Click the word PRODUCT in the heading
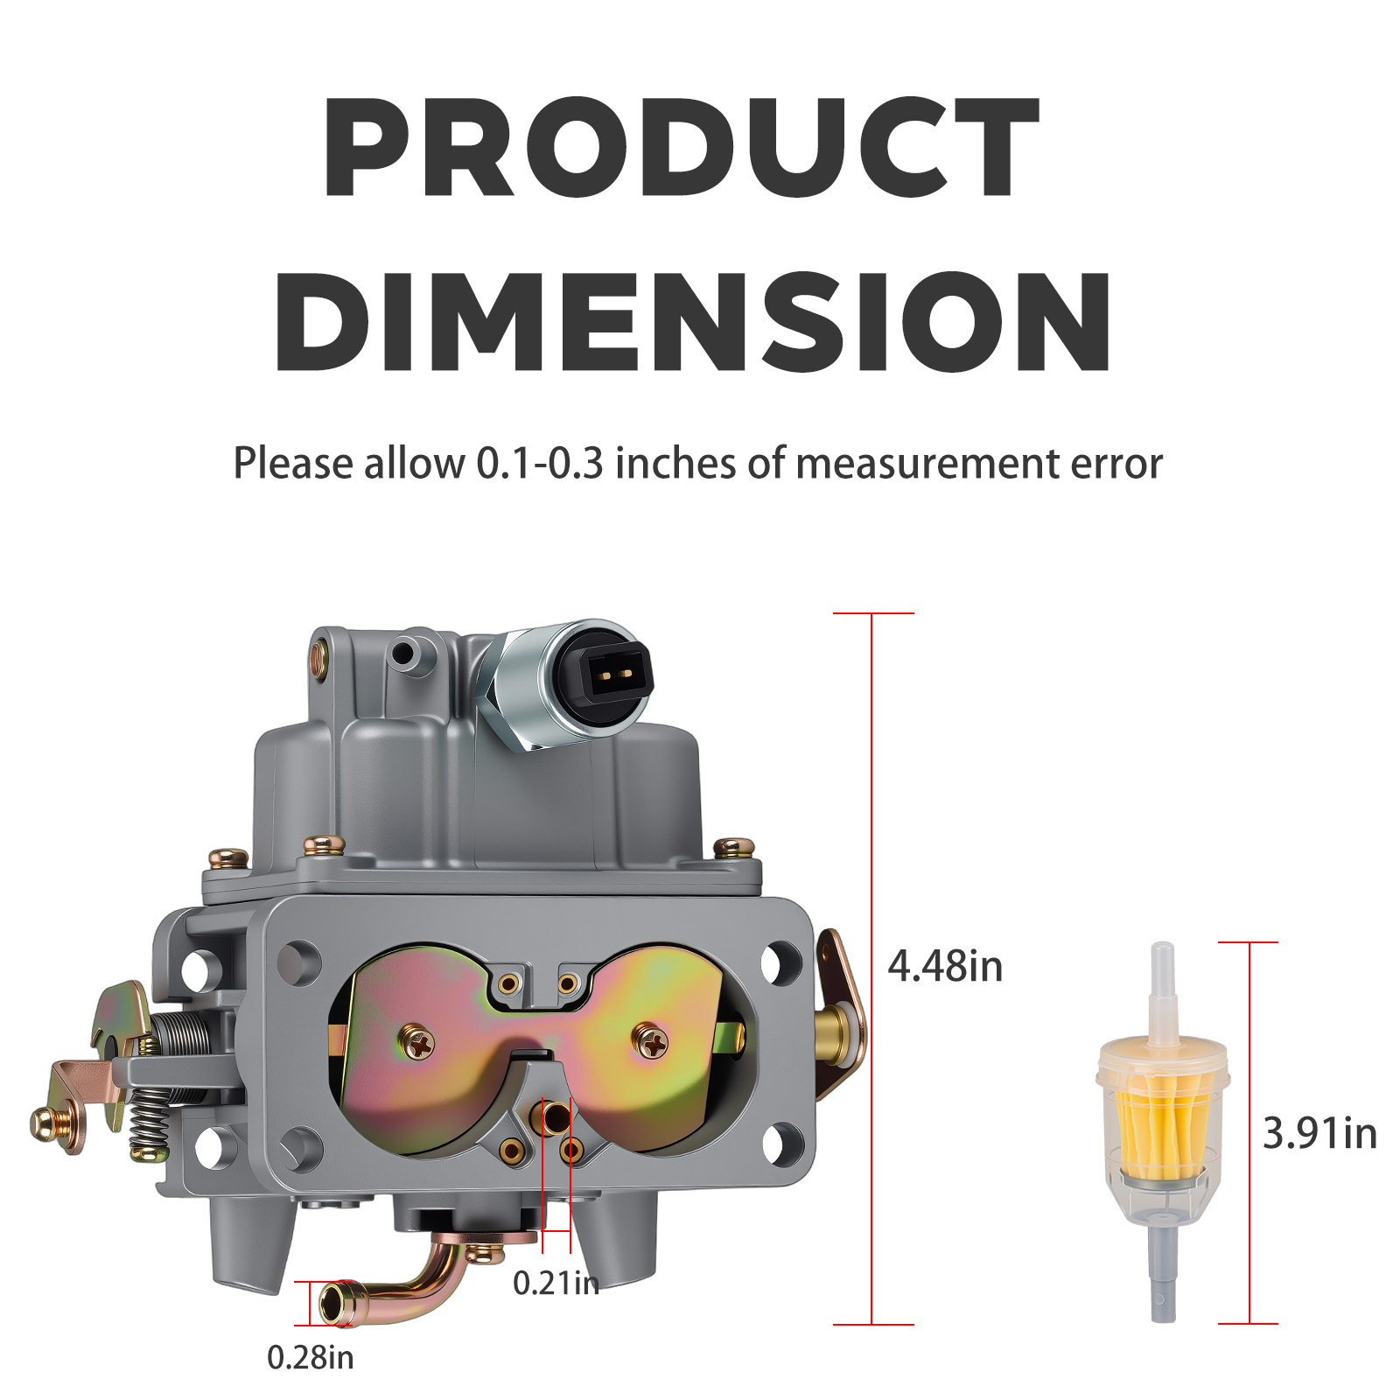pyautogui.click(x=681, y=146)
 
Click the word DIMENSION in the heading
pyautogui.click(x=694, y=321)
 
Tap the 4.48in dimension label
pyautogui.click(x=945, y=966)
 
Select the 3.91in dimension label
pyautogui.click(x=1319, y=1133)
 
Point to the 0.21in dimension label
pyautogui.click(x=556, y=1283)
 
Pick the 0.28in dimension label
pyautogui.click(x=311, y=1357)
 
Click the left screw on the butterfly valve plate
pyautogui.click(x=417, y=1043)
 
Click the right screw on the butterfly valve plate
pyautogui.click(x=651, y=1040)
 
